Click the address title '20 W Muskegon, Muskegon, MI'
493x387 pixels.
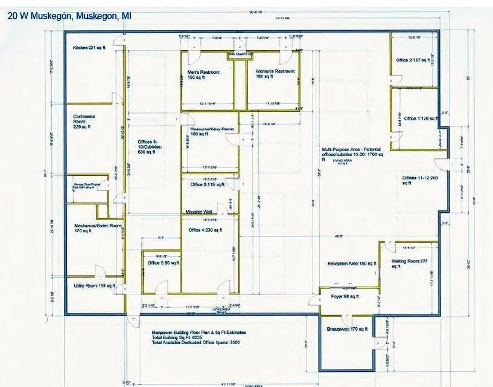[70, 16]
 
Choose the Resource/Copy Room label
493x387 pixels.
[208, 132]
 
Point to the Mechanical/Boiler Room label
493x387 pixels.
[98, 227]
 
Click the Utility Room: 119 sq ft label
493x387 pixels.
[94, 285]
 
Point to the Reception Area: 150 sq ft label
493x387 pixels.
[352, 264]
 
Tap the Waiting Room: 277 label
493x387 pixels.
[413, 261]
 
